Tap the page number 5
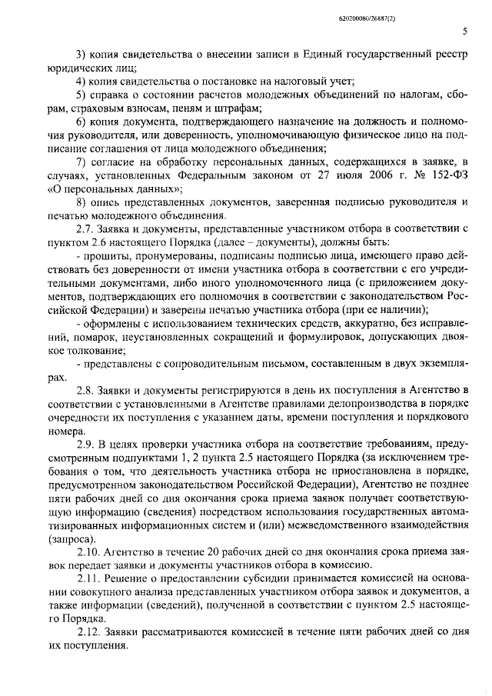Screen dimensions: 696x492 466,31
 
